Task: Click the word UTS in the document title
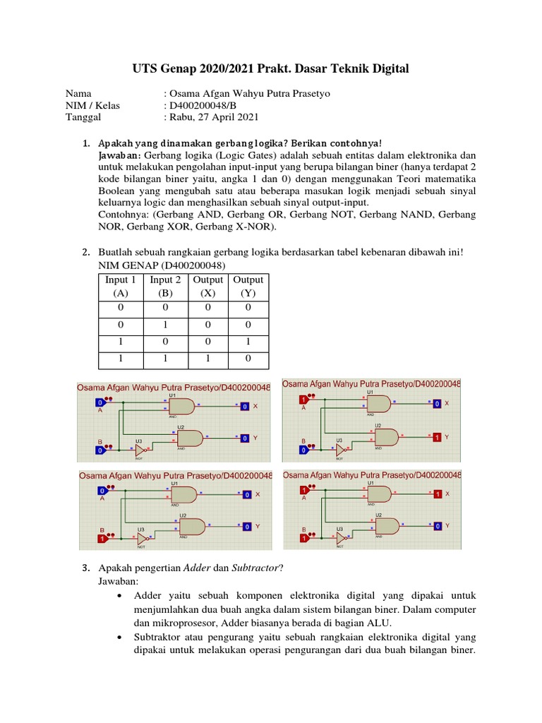pos(147,68)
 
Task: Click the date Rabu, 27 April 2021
pos(214,117)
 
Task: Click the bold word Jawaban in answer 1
pos(119,155)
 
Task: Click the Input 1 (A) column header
pos(121,286)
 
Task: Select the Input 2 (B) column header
pos(165,286)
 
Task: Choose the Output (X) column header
pos(208,286)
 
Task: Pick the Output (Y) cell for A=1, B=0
pos(248,342)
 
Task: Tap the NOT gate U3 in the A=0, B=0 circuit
pos(141,449)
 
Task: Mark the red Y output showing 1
pos(438,438)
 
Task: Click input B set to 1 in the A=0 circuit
pos(102,539)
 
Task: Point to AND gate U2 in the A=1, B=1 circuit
pos(387,526)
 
